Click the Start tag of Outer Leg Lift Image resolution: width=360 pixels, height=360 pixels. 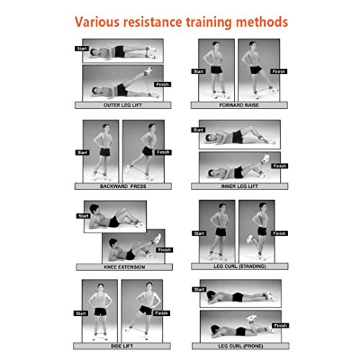[80, 49]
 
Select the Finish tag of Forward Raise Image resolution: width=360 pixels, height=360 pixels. [279, 71]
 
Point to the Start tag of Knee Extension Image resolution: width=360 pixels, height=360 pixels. [82, 215]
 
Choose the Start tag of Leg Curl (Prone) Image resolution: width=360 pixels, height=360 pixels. [197, 290]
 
